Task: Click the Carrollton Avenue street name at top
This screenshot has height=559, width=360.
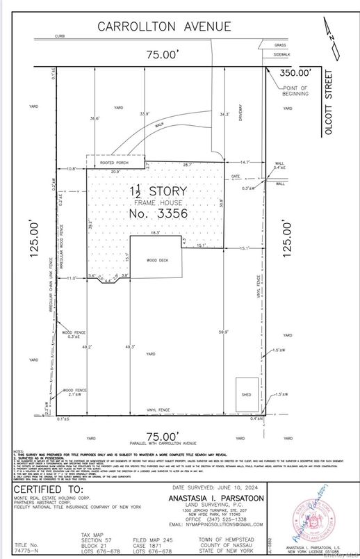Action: tap(164, 26)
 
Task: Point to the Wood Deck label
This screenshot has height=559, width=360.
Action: tap(156, 260)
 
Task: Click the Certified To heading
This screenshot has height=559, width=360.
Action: tap(47, 489)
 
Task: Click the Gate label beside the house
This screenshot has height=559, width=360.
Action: tap(235, 177)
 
